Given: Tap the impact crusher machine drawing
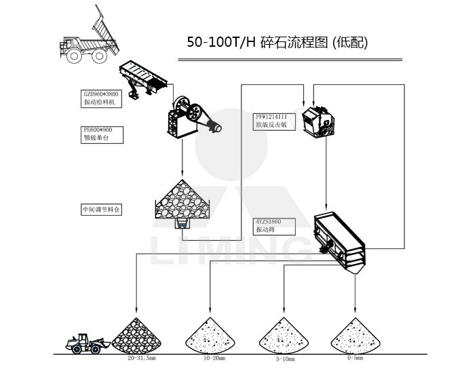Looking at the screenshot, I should pos(318,121).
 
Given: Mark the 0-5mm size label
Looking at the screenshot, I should pos(353,357).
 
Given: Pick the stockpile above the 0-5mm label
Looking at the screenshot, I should pos(354,335).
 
